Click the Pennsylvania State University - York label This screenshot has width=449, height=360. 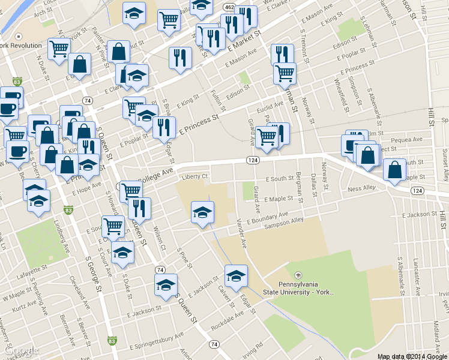[x=298, y=287]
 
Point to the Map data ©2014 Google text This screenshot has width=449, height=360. [x=411, y=356]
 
